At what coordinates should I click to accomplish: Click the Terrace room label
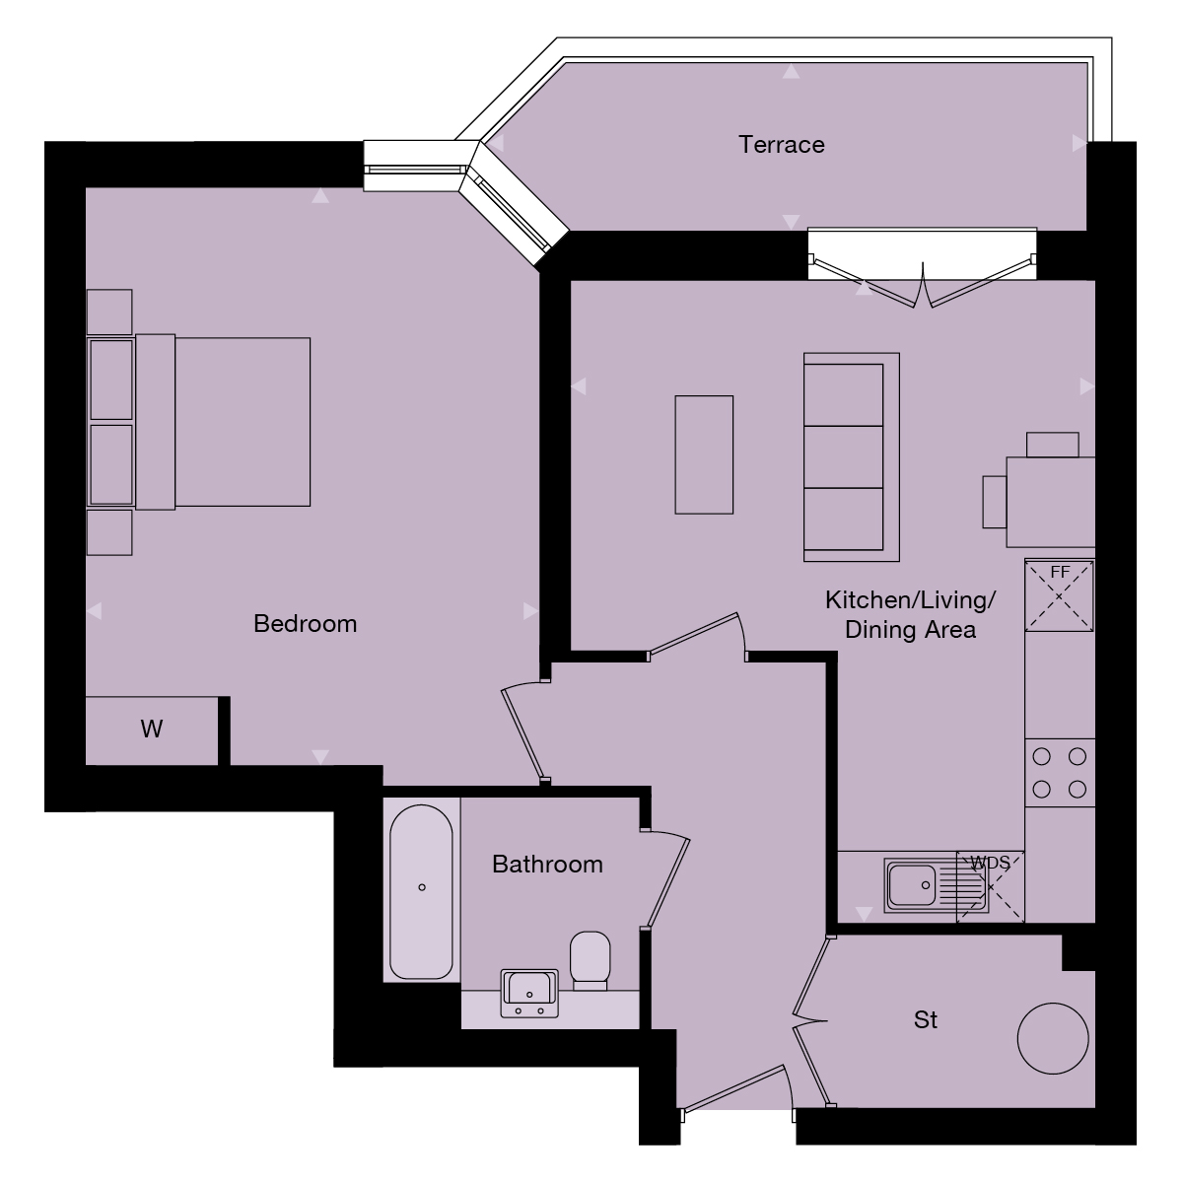click(x=782, y=145)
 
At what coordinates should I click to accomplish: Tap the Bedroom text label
click(x=305, y=624)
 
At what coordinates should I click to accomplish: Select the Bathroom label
click(x=547, y=865)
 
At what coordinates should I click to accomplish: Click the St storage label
click(x=925, y=1019)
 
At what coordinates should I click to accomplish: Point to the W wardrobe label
click(x=151, y=730)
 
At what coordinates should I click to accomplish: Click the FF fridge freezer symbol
click(x=1060, y=595)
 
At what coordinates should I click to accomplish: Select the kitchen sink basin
click(x=913, y=885)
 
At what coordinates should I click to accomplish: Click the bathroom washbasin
click(x=530, y=991)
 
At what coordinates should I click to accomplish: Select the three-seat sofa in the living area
click(x=851, y=456)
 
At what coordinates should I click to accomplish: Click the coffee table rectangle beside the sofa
click(x=704, y=454)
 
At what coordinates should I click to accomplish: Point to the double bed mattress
click(x=242, y=423)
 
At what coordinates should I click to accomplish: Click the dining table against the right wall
click(x=1050, y=502)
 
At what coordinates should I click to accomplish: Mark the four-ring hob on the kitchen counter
click(x=1060, y=773)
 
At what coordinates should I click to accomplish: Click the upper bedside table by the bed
click(x=109, y=312)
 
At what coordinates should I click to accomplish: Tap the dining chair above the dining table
click(x=1053, y=445)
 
